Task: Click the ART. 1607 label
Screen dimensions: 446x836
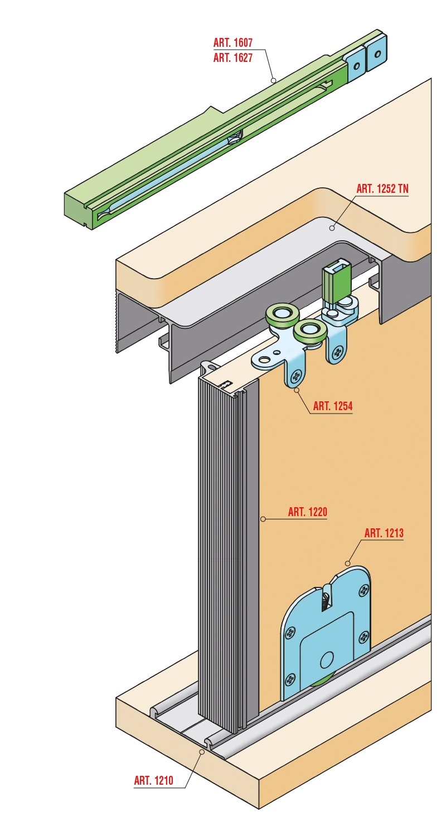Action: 233,42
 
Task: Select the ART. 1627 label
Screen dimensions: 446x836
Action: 233,57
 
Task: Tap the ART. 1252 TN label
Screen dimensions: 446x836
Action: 382,188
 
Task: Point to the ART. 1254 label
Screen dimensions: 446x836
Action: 332,406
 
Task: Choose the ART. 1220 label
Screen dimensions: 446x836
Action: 308,512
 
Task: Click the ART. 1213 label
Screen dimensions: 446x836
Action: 384,533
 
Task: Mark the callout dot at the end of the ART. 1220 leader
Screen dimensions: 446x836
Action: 263,519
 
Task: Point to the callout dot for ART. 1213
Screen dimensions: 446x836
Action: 347,563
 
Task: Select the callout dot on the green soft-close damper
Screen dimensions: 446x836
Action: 273,80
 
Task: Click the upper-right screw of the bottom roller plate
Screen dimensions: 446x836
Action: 363,590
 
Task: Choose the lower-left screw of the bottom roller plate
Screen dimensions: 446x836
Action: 290,681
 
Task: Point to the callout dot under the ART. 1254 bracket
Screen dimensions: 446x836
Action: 297,390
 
